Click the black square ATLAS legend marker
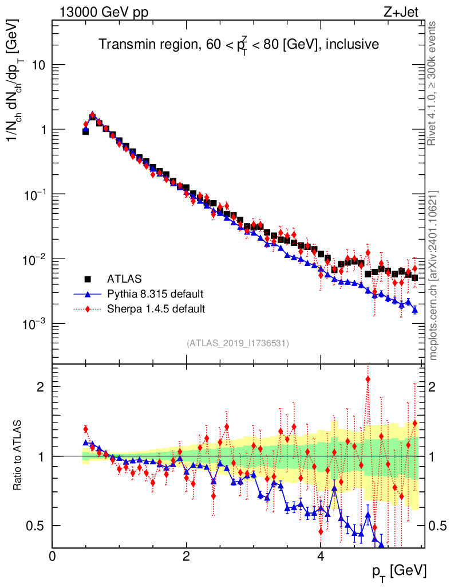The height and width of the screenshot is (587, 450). [x=88, y=280]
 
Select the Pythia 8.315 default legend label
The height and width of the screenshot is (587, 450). [x=155, y=295]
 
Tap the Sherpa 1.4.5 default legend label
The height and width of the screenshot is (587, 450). [x=156, y=310]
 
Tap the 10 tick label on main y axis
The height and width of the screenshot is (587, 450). [x=38, y=65]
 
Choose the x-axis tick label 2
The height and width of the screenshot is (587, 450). [x=186, y=556]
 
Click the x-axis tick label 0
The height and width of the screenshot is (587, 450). [x=53, y=556]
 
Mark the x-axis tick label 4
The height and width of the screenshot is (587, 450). [x=321, y=556]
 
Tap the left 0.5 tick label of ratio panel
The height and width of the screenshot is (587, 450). [x=37, y=526]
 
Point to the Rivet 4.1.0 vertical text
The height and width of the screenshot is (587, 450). [x=434, y=83]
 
